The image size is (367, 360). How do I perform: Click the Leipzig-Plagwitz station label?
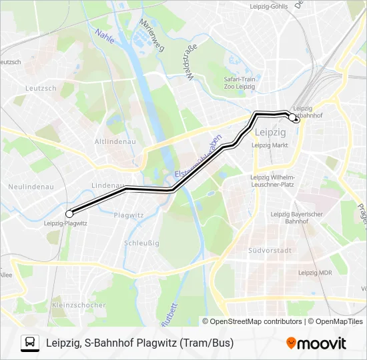pyautogui.click(x=65, y=224)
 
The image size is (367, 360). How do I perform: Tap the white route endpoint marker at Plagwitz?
pyautogui.click(x=69, y=213)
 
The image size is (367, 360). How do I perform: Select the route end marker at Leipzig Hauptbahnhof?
pyautogui.click(x=292, y=117)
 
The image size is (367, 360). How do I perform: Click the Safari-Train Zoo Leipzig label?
pyautogui.click(x=240, y=83)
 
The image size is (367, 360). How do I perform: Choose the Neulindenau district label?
pyautogui.click(x=31, y=187)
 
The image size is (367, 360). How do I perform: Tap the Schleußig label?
pyautogui.click(x=141, y=243)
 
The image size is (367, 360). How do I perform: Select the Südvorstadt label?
pyautogui.click(x=270, y=251)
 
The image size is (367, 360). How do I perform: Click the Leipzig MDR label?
pyautogui.click(x=316, y=272)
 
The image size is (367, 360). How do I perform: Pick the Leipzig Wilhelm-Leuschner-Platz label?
pyautogui.click(x=272, y=180)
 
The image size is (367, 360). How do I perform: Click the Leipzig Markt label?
pyautogui.click(x=270, y=144)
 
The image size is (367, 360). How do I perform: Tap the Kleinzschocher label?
pyautogui.click(x=78, y=305)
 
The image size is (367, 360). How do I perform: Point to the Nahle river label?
pyautogui.click(x=104, y=36)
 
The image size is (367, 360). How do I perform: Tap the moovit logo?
pyautogui.click(x=316, y=343)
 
